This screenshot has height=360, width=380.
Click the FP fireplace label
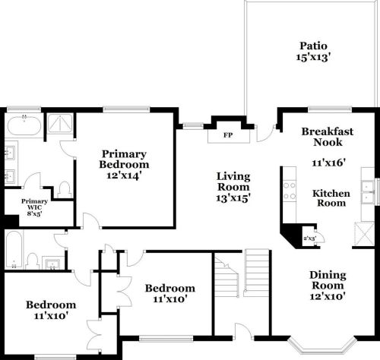click(226, 136)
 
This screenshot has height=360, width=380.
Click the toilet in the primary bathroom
click(65, 187)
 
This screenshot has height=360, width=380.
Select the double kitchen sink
click(368, 191)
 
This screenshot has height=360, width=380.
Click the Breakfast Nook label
click(327, 137)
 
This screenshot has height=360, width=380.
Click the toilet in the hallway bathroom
click(33, 260)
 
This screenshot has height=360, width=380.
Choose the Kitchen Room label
click(332, 198)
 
